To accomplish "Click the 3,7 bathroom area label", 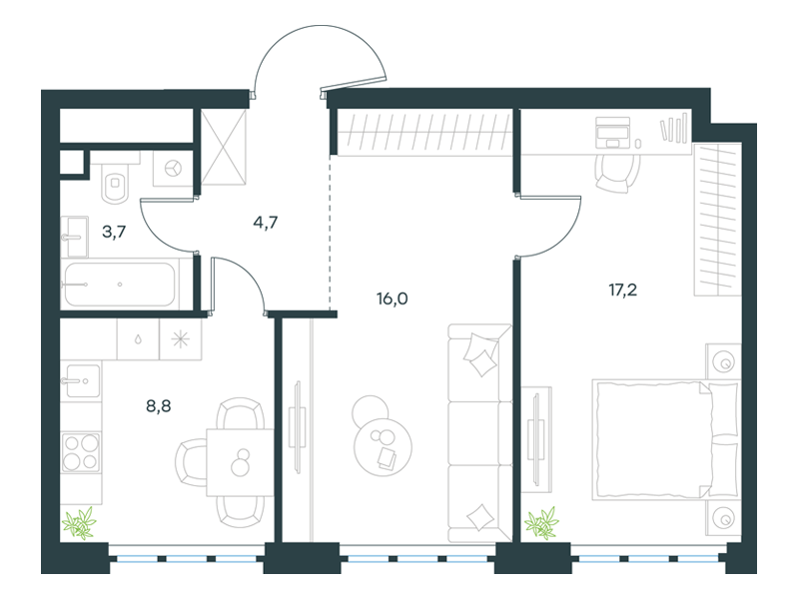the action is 114,233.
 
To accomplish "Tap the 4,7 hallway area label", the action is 265,223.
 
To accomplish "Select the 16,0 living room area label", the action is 392,299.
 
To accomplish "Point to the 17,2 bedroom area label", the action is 622,291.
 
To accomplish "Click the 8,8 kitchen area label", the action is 159,406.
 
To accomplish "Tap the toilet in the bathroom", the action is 116,182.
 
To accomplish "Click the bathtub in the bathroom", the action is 120,285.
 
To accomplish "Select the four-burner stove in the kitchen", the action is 81,452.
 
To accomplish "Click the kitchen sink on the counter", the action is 81,380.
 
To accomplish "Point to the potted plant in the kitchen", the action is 79,523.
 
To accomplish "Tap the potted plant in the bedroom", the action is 541,523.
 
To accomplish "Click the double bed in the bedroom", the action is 665,439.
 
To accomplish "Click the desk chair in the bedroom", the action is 617,172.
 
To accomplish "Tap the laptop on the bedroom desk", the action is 612,132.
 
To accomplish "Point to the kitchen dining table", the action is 240,462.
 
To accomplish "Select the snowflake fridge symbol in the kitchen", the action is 181,339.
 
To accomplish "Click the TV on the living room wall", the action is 297,428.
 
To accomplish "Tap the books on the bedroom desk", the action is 674,129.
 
